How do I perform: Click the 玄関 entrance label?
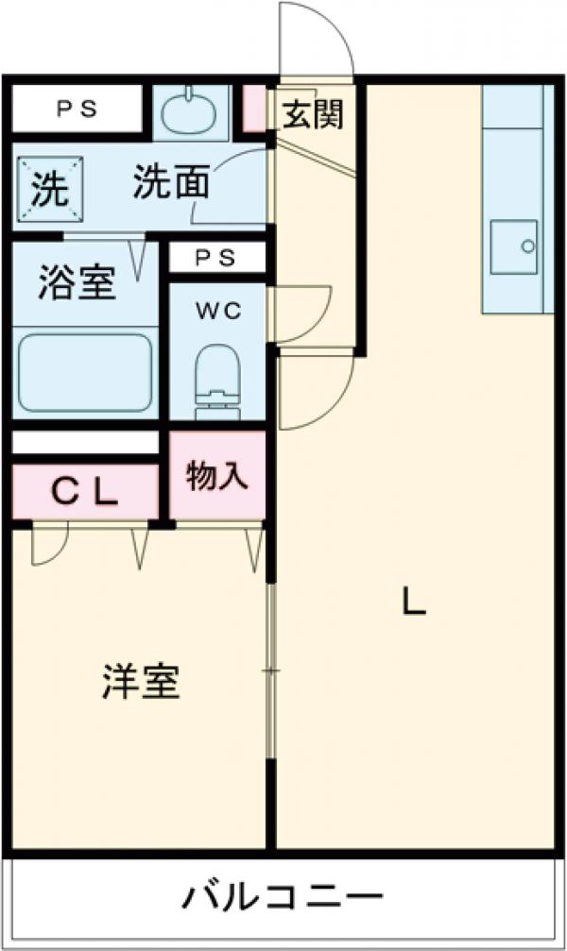(x=311, y=114)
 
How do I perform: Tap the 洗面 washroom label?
(x=170, y=182)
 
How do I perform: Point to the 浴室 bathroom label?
(x=77, y=282)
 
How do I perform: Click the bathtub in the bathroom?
(x=85, y=371)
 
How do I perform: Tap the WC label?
(x=218, y=312)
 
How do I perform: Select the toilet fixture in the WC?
(x=218, y=379)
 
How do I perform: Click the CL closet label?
(x=84, y=491)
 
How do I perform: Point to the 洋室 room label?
(x=141, y=682)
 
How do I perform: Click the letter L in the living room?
(x=414, y=602)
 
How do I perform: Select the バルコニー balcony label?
(x=283, y=894)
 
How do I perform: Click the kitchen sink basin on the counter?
(x=514, y=246)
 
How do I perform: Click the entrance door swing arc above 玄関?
(x=317, y=38)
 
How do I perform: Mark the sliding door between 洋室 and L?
(x=272, y=671)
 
